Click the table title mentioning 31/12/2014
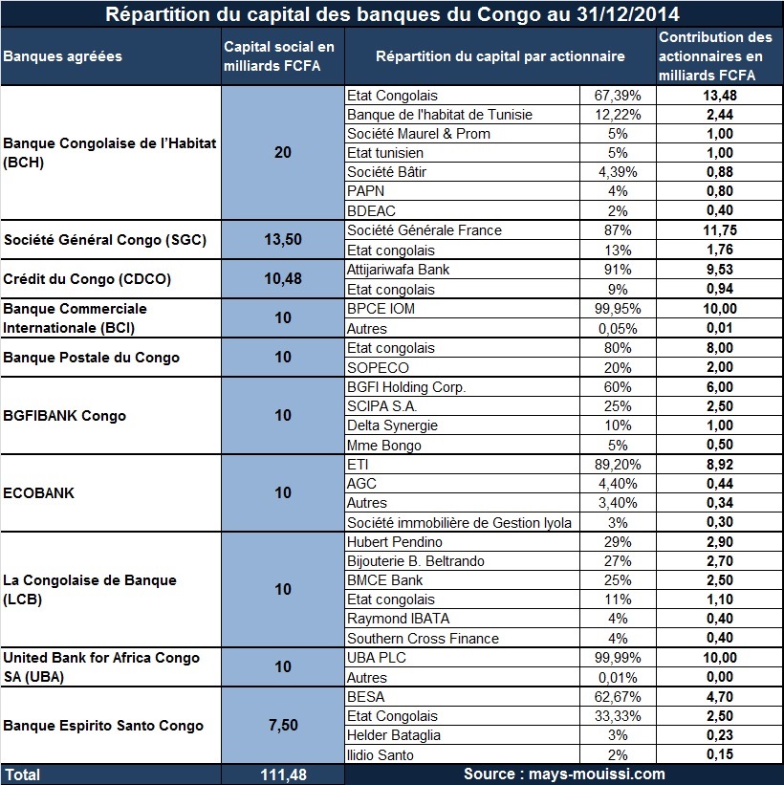[392, 14]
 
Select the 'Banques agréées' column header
[62, 56]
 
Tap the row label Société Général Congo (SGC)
[105, 240]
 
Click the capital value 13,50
[283, 239]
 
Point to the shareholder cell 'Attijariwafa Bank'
[398, 270]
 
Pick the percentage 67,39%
[618, 95]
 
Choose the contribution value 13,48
[720, 95]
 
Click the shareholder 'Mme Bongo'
[384, 445]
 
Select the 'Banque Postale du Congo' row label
[91, 358]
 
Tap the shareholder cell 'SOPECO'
[378, 367]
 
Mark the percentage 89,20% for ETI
[618, 464]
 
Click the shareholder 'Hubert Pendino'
[395, 542]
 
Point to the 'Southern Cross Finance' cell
[423, 639]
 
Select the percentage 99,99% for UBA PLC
[618, 657]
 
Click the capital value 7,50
[283, 725]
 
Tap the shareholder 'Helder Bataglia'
[394, 735]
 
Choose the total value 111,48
[283, 775]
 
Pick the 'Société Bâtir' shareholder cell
[386, 172]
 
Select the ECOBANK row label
[38, 493]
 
